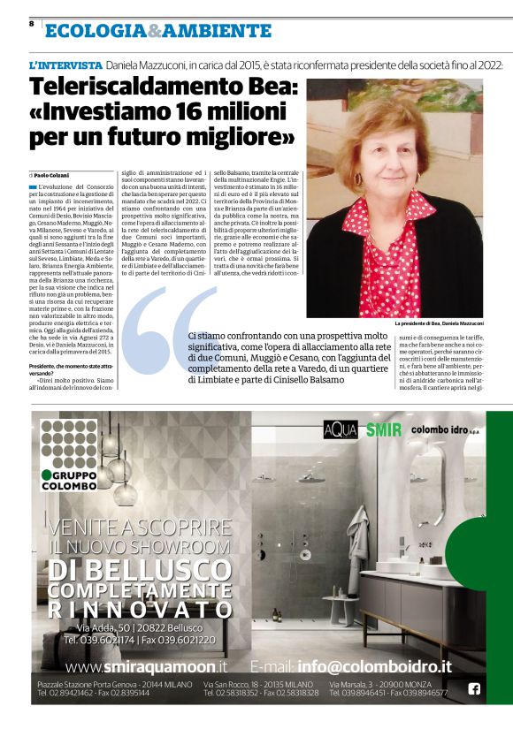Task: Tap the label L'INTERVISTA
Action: coord(65,65)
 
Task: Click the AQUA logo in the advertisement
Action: coord(340,430)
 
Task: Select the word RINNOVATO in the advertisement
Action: coord(140,610)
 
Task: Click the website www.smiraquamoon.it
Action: coord(146,666)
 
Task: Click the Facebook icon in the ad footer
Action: coord(473,689)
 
